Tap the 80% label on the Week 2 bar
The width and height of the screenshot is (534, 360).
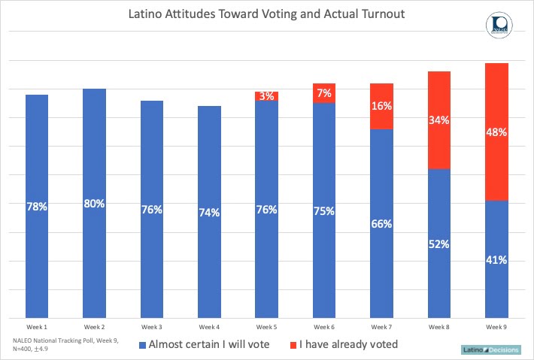click(94, 204)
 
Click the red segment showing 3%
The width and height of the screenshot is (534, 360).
click(267, 96)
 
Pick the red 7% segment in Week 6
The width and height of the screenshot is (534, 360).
click(324, 92)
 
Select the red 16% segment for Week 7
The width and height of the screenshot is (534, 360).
click(381, 106)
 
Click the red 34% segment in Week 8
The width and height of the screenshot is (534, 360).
click(438, 120)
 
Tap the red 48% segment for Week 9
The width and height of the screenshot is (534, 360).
click(496, 132)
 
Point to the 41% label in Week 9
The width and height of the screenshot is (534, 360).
click(496, 260)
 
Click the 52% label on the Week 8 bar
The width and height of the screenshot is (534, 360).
click(438, 244)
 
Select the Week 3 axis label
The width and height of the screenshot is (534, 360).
click(152, 327)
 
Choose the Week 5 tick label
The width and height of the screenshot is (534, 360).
click(267, 327)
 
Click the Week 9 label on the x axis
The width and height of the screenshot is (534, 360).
click(496, 327)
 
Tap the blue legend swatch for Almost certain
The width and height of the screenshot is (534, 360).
click(144, 346)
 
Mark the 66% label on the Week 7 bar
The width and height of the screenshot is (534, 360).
click(381, 223)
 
